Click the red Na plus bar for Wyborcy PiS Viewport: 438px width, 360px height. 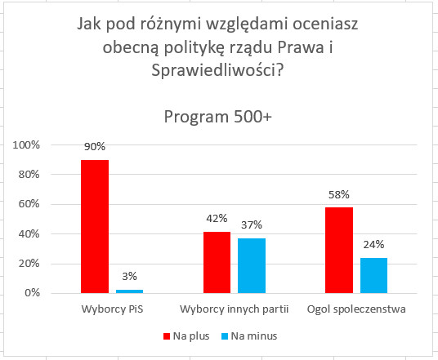95,226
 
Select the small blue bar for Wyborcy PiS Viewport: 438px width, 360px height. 129,291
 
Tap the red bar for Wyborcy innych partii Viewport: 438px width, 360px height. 217,262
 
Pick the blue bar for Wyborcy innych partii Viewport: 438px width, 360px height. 252,265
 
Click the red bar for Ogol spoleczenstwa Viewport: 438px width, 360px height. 339,250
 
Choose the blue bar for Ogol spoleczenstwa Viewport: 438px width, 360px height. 373,275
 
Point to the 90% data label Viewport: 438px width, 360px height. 95,146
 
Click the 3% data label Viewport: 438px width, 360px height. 129,276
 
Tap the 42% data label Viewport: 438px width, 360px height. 217,218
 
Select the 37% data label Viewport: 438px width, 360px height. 252,225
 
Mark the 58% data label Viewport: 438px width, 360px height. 339,194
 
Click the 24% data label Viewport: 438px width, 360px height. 373,244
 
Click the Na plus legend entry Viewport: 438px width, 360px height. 186,336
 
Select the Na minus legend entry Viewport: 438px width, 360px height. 249,336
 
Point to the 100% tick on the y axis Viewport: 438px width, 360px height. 26,144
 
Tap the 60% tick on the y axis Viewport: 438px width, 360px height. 29,204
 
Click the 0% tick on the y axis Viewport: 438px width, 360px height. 33,293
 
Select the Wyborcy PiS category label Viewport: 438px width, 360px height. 112,309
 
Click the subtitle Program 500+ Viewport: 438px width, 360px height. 218,117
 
